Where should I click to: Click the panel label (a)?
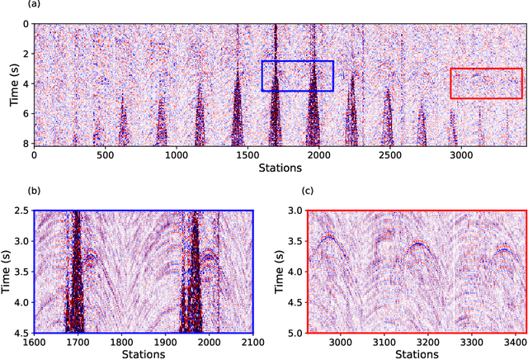point(12,6)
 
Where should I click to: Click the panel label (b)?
point(12,192)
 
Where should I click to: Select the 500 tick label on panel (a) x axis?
point(105,154)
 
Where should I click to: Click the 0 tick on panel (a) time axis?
point(26,25)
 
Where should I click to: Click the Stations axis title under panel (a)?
point(279,168)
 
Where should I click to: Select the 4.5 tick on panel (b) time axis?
point(14,334)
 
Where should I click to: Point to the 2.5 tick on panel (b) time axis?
point(14,211)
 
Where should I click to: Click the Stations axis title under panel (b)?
point(143,354)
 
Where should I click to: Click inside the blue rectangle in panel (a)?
point(297,75)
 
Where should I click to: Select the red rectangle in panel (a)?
point(486,83)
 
